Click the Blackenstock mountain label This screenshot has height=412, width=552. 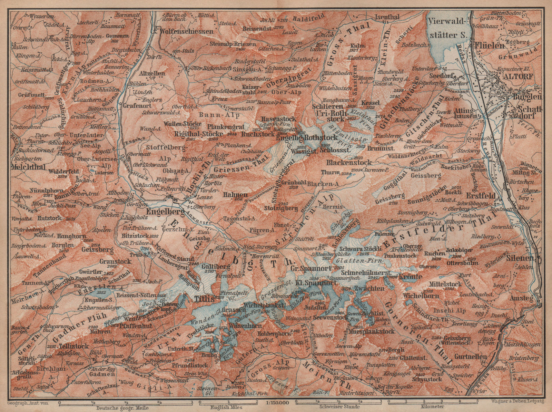(x=349, y=162)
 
